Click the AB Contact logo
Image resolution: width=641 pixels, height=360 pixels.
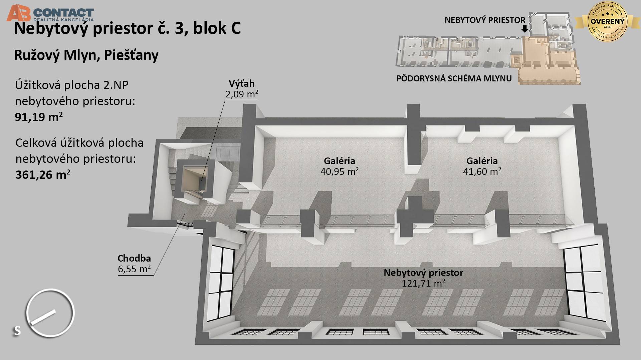(50, 13)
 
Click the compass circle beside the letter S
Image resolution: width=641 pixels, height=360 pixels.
(50, 313)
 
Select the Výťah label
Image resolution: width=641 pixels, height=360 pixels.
(241, 83)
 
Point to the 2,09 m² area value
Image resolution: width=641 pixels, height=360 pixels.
(241, 94)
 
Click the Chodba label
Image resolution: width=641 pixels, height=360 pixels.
(134, 258)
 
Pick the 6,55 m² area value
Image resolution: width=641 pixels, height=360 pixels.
(134, 269)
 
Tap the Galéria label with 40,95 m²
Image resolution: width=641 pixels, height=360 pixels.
(339, 161)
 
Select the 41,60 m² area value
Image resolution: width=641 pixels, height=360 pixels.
(482, 171)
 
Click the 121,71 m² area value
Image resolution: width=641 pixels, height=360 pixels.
(423, 283)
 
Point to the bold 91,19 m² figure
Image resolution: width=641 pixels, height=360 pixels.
(39, 117)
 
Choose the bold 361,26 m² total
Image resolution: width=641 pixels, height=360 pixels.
(43, 174)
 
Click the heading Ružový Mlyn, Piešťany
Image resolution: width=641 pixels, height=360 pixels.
(86, 55)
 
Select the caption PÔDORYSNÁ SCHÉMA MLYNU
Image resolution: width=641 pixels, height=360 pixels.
(454, 79)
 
